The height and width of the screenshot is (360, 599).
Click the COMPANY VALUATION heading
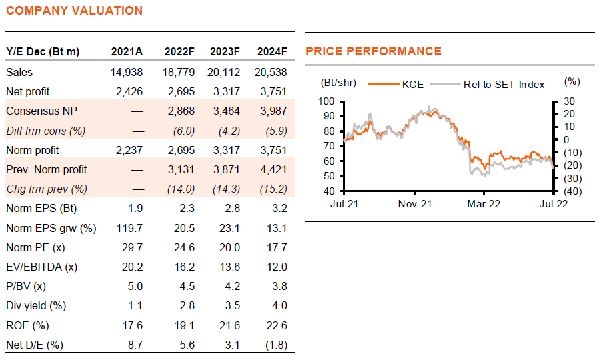click(x=75, y=11)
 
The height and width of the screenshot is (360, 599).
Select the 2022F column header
click(x=179, y=51)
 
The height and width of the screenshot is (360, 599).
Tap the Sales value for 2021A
click(x=127, y=72)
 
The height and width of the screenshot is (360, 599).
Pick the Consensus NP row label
click(x=41, y=111)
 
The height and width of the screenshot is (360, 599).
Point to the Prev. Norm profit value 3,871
click(x=227, y=169)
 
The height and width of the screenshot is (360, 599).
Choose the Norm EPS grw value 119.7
click(x=129, y=228)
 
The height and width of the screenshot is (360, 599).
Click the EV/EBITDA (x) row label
click(x=41, y=267)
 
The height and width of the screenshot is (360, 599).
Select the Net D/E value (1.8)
click(x=277, y=345)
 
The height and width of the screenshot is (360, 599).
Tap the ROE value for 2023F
click(x=230, y=325)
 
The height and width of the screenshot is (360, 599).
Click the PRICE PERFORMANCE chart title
click(x=374, y=51)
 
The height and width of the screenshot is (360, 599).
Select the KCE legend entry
click(x=396, y=85)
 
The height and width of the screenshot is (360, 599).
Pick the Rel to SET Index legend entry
click(x=488, y=85)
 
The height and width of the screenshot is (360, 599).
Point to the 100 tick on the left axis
click(x=326, y=101)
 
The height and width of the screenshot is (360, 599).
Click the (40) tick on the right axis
click(x=573, y=191)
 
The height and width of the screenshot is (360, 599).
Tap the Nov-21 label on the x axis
click(x=415, y=204)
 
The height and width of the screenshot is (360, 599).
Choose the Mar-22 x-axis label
click(x=484, y=204)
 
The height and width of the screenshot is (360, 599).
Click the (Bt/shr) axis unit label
click(x=338, y=83)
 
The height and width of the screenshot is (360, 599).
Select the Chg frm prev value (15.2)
click(x=273, y=189)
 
